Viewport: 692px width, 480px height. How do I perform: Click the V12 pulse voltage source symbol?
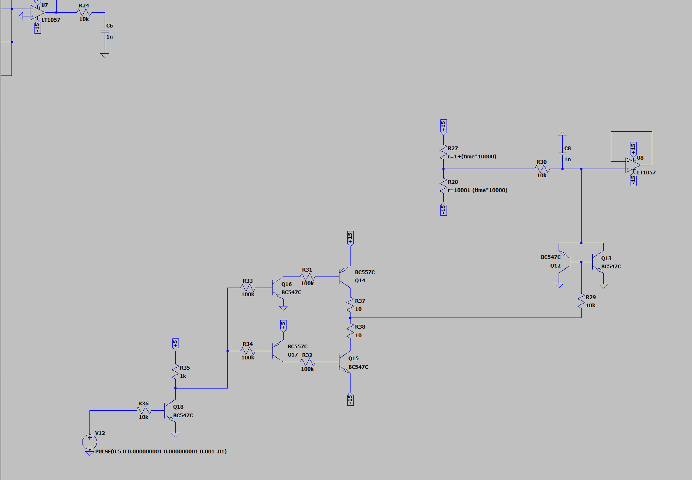89,442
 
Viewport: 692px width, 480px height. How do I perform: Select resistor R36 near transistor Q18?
144,410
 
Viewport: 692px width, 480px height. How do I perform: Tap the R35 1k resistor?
176,372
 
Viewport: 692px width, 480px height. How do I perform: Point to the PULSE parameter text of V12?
160,451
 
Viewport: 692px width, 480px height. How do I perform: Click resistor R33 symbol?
248,288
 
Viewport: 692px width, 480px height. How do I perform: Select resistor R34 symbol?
248,351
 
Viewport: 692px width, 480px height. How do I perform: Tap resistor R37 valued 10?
351,305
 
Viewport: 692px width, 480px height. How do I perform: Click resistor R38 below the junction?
351,331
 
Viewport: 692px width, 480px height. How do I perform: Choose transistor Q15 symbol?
344,362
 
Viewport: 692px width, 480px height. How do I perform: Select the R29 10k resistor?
582,302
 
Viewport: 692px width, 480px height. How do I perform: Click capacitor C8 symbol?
562,154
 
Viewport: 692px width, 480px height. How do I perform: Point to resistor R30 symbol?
542,169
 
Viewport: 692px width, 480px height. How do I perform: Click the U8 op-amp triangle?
632,165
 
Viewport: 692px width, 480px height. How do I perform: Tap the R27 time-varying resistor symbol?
444,152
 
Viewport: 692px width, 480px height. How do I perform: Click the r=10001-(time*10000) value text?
477,190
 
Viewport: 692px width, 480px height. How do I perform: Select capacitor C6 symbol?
105,31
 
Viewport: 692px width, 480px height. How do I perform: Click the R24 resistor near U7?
84,12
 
